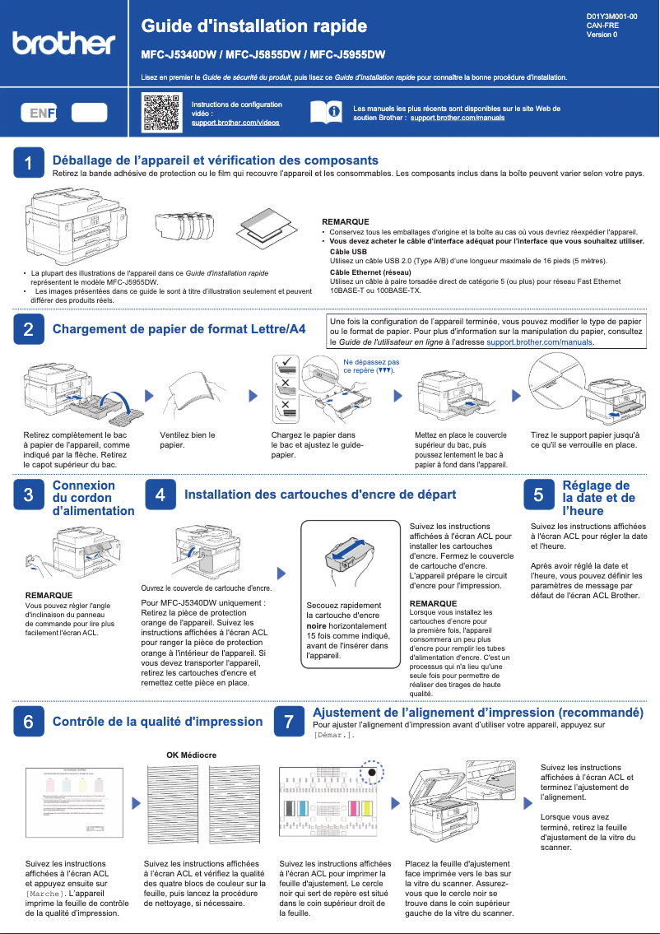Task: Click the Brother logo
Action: (64, 43)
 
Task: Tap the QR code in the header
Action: (161, 113)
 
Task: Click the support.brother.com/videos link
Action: (235, 123)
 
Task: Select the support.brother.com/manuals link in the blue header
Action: (458, 118)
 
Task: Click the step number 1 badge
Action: (29, 165)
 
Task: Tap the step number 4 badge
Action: (160, 495)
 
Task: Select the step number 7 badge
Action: (288, 722)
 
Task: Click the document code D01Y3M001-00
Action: (611, 16)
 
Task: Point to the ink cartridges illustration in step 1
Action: (187, 223)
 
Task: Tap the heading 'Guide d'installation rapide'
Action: (253, 26)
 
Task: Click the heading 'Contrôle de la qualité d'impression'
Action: (157, 722)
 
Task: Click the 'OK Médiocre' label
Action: (191, 755)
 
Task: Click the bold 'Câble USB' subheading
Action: (348, 251)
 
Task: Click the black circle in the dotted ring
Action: (372, 773)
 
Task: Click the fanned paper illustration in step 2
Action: (188, 393)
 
